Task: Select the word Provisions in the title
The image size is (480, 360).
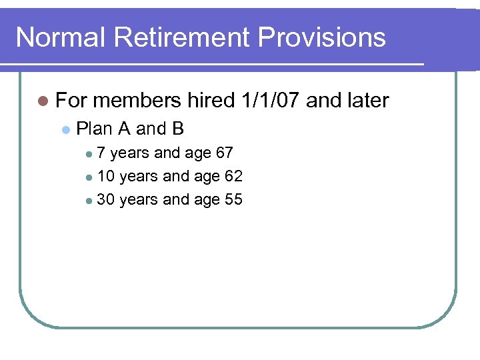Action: pyautogui.click(x=322, y=37)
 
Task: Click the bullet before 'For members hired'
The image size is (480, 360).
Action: pyautogui.click(x=43, y=101)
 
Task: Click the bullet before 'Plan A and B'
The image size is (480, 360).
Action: pyautogui.click(x=65, y=129)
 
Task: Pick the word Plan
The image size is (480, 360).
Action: pyautogui.click(x=95, y=128)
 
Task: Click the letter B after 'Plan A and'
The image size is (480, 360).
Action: pyautogui.click(x=177, y=128)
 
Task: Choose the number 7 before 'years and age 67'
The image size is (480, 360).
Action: pyautogui.click(x=101, y=153)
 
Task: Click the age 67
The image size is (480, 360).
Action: pyautogui.click(x=225, y=153)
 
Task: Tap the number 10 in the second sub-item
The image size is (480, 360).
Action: pyautogui.click(x=105, y=177)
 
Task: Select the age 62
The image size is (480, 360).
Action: pyautogui.click(x=233, y=177)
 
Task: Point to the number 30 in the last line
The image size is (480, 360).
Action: pyautogui.click(x=105, y=199)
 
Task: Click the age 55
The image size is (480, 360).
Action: pyautogui.click(x=233, y=199)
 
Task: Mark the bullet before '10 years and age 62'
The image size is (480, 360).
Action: pyautogui.click(x=89, y=177)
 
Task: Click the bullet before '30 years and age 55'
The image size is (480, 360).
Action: pyautogui.click(x=89, y=200)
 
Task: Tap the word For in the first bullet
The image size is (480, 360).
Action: pyautogui.click(x=70, y=101)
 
